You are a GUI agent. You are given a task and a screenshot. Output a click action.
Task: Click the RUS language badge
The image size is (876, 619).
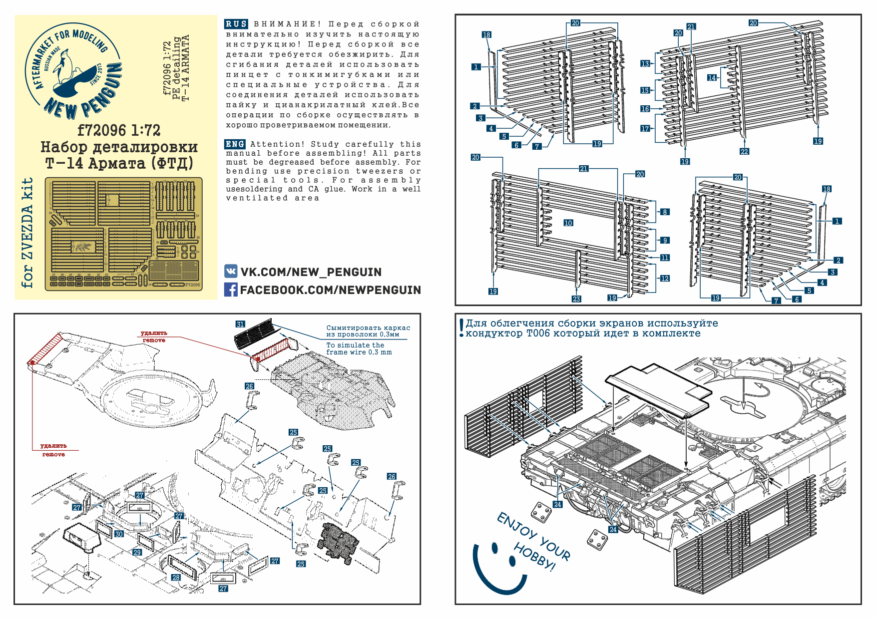click(236, 24)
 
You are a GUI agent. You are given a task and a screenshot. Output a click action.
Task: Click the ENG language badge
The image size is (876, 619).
click(235, 144)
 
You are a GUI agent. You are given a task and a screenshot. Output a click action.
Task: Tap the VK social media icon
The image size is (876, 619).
click(231, 272)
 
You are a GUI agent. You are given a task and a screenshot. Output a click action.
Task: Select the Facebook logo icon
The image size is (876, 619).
click(231, 290)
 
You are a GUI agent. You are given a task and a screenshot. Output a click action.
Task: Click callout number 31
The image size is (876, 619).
click(240, 324)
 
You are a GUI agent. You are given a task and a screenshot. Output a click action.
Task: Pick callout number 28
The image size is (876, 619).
click(176, 577)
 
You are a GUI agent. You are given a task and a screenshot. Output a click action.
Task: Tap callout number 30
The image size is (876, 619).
click(119, 534)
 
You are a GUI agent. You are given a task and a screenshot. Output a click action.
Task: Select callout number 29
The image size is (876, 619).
click(137, 552)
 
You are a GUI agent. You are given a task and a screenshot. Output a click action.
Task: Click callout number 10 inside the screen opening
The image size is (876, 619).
click(568, 223)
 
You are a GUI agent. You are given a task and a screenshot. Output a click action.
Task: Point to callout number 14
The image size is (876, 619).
click(712, 77)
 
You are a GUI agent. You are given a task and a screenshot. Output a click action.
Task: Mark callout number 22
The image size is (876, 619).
click(744, 151)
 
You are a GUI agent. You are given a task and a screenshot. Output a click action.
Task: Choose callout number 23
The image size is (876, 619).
click(576, 299)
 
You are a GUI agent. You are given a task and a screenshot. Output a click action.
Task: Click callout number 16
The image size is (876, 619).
click(645, 109)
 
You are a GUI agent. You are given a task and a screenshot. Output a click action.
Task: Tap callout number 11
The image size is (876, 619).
click(665, 258)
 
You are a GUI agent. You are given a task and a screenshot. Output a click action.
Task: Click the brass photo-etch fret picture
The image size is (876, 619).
click(124, 234)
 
